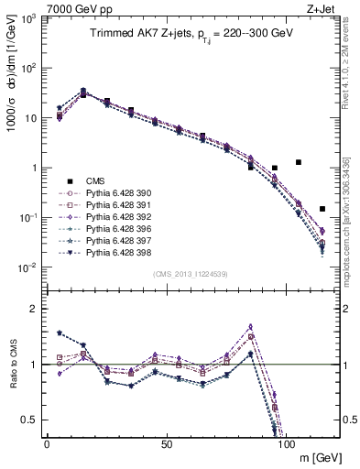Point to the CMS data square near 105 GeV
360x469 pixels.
[299, 162]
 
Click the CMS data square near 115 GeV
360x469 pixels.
[322, 209]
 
